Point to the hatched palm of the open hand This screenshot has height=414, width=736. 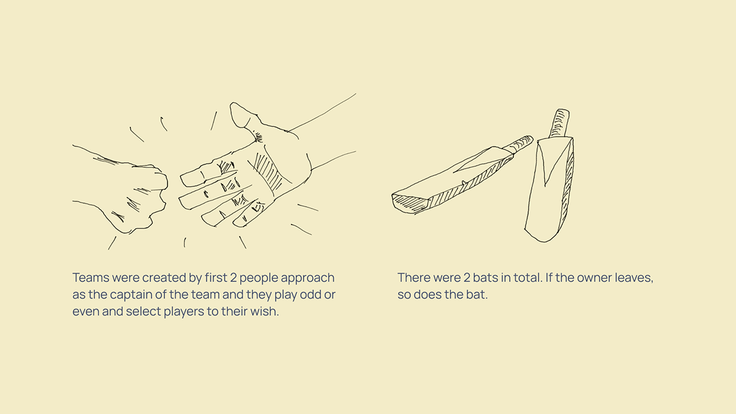[x=269, y=172]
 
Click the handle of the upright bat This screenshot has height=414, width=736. [x=559, y=123]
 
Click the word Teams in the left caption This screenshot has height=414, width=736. [x=91, y=278]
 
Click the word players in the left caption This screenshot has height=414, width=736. [x=183, y=312]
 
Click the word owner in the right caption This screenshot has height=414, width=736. [x=594, y=278]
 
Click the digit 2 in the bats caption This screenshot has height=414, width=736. [x=467, y=278]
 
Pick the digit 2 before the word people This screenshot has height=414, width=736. [x=233, y=278]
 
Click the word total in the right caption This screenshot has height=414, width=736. [x=527, y=278]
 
